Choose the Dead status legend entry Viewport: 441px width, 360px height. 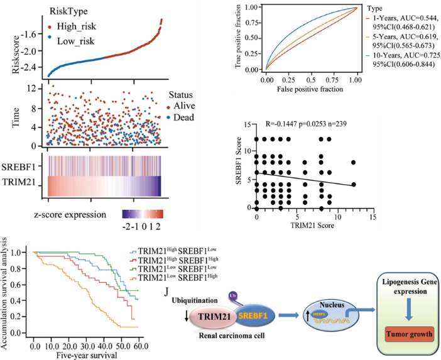[x=183, y=117]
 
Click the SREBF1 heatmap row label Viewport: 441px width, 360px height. [x=24, y=166]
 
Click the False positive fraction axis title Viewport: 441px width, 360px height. [x=311, y=90]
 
